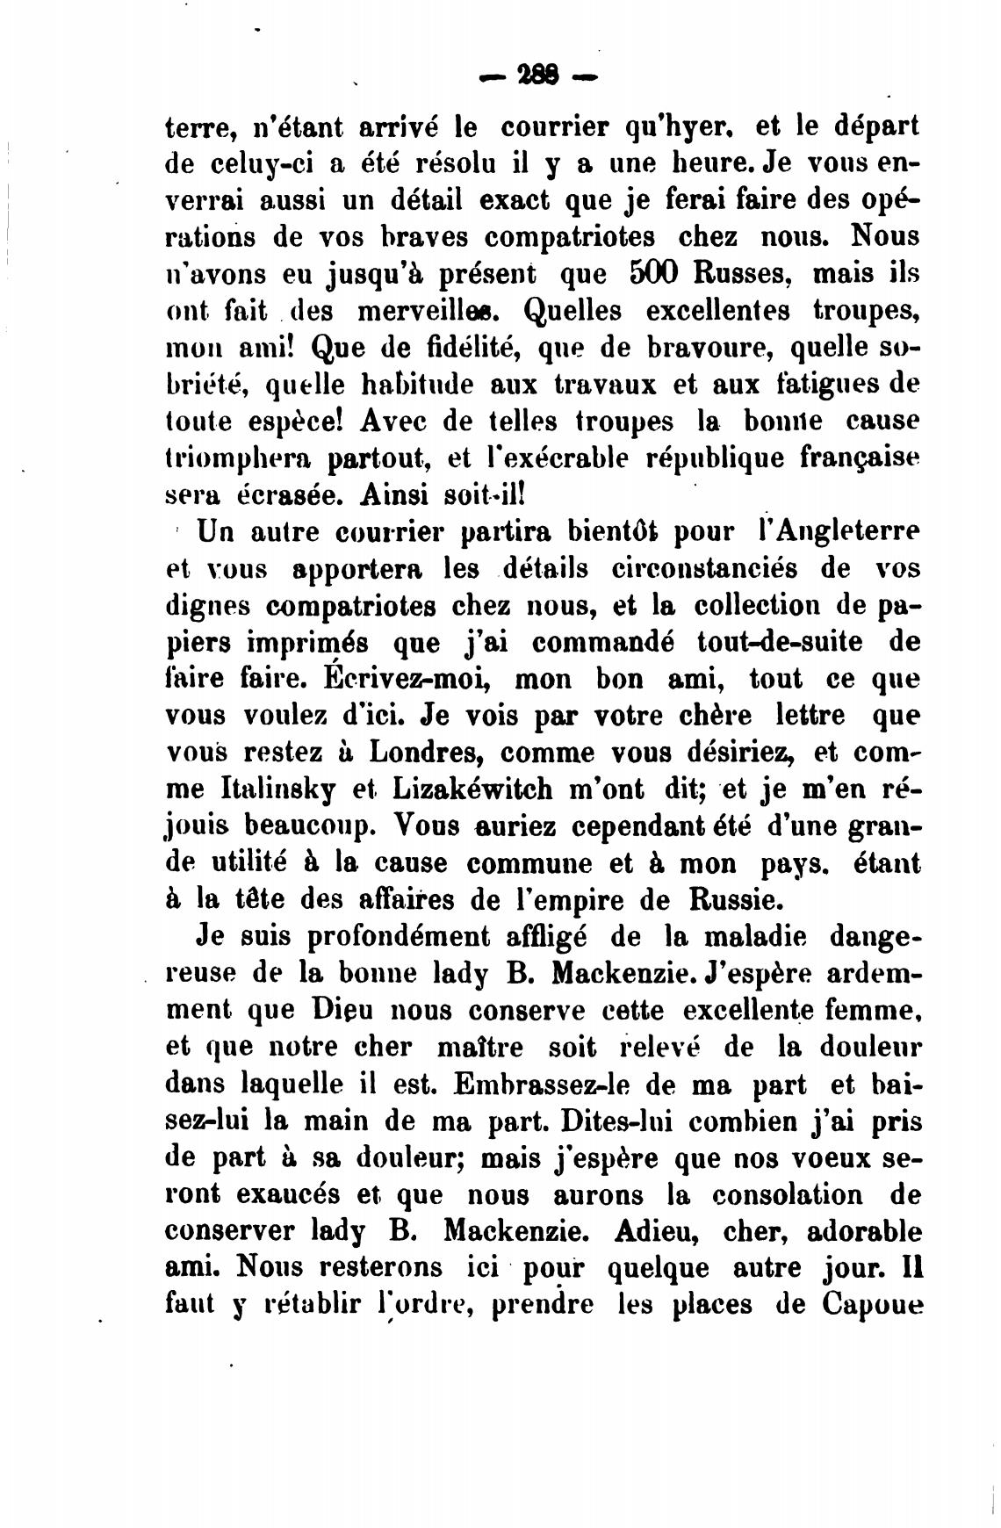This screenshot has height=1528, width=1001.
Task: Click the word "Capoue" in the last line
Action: point(873,1306)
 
